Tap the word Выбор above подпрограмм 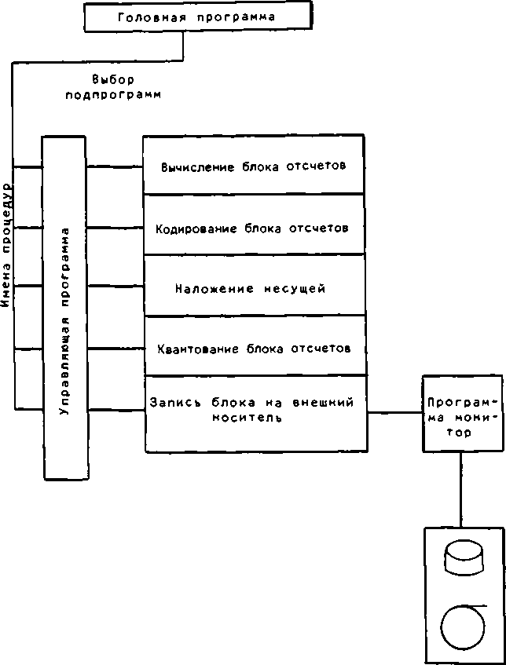(113, 79)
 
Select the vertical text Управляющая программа (64, 322)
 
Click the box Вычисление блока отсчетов (253, 166)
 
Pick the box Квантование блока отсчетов (253, 346)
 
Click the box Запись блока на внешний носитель (253, 413)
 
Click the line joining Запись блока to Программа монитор (394, 413)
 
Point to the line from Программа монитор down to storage (460, 489)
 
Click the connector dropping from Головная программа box (184, 46)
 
